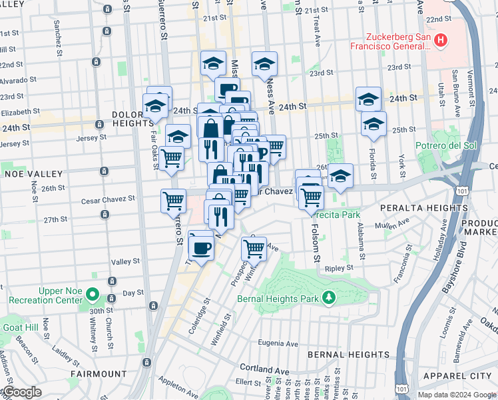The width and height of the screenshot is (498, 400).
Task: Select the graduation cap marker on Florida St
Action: pos(373,124)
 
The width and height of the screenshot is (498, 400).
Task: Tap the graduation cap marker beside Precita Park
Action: pos(340,177)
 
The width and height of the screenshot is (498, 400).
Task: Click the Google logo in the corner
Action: pos(21,392)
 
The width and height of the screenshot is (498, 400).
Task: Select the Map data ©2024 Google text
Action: pos(457,395)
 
